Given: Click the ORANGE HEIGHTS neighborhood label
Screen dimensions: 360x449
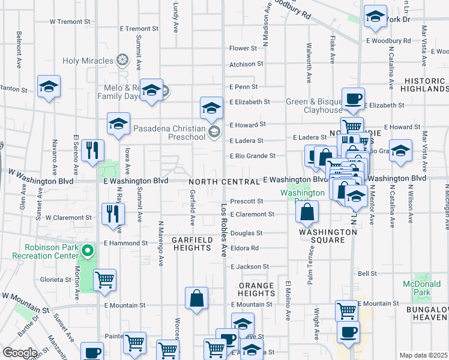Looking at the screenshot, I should [256, 289].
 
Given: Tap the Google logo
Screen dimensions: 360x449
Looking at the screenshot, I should [20, 353].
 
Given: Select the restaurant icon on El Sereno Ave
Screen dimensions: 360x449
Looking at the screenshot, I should [92, 150].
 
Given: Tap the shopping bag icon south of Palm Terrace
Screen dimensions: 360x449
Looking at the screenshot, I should [307, 212].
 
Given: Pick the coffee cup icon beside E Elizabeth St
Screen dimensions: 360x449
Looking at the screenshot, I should [354, 98].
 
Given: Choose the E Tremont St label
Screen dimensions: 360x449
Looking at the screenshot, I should [139, 28].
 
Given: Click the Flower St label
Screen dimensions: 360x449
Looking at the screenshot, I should [243, 49].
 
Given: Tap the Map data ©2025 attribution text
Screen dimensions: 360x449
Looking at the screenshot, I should [423, 355].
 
